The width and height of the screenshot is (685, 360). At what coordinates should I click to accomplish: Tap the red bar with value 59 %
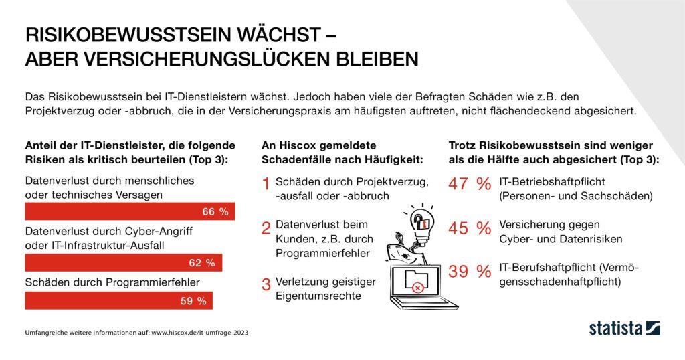click(118, 301)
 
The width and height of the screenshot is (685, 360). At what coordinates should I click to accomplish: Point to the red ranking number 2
click(266, 228)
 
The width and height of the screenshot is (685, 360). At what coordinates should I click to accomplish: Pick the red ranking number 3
click(266, 284)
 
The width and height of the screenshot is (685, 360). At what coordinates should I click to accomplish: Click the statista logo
click(624, 328)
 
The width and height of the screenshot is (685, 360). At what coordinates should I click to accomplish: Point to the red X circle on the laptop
click(418, 288)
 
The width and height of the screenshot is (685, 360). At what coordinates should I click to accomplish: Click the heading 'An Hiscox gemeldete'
click(319, 145)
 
